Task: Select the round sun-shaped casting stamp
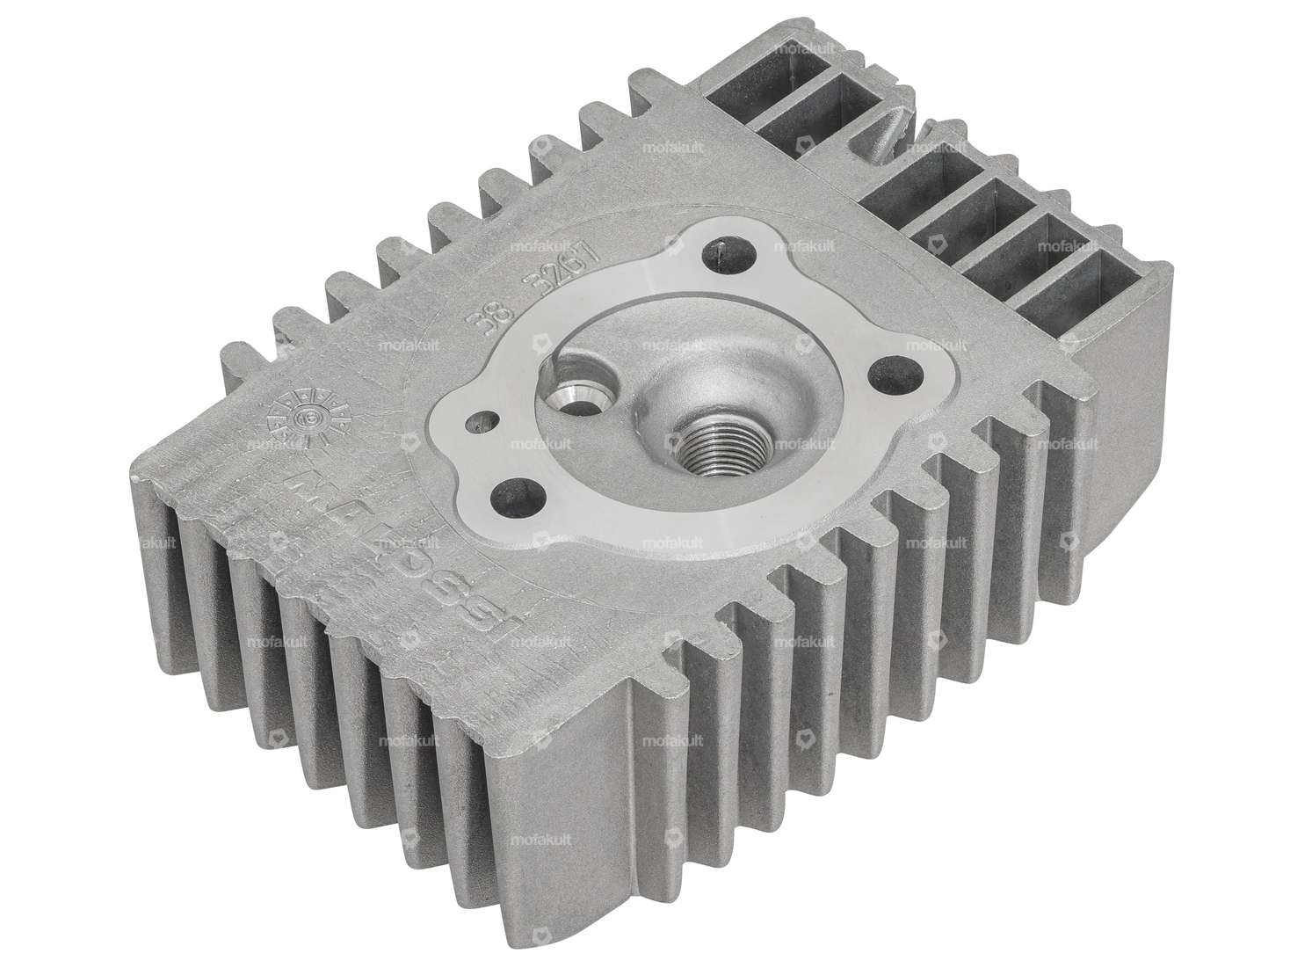[308, 418]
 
